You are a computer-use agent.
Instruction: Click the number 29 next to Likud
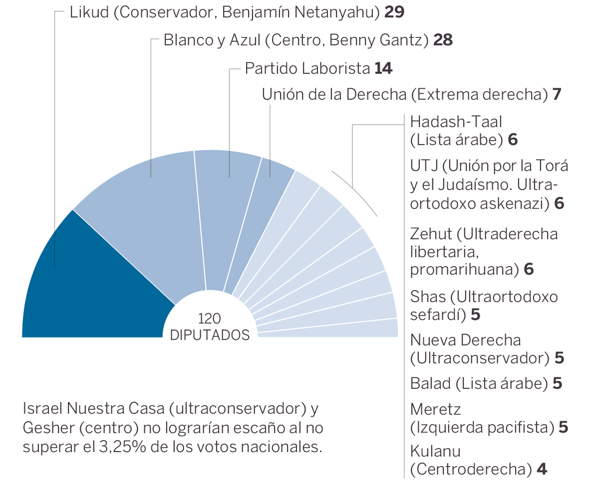[x=394, y=12]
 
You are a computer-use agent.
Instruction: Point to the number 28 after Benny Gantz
[x=443, y=40]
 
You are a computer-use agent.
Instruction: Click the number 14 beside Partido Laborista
[x=383, y=68]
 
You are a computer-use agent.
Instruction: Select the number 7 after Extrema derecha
[x=558, y=94]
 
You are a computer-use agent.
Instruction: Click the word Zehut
[x=431, y=234]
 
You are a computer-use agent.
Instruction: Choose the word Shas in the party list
[x=428, y=297]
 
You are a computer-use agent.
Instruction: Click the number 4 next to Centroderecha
[x=542, y=470]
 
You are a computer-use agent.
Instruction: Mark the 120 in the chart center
[x=210, y=319]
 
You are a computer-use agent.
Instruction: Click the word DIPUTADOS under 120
[x=210, y=335]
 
